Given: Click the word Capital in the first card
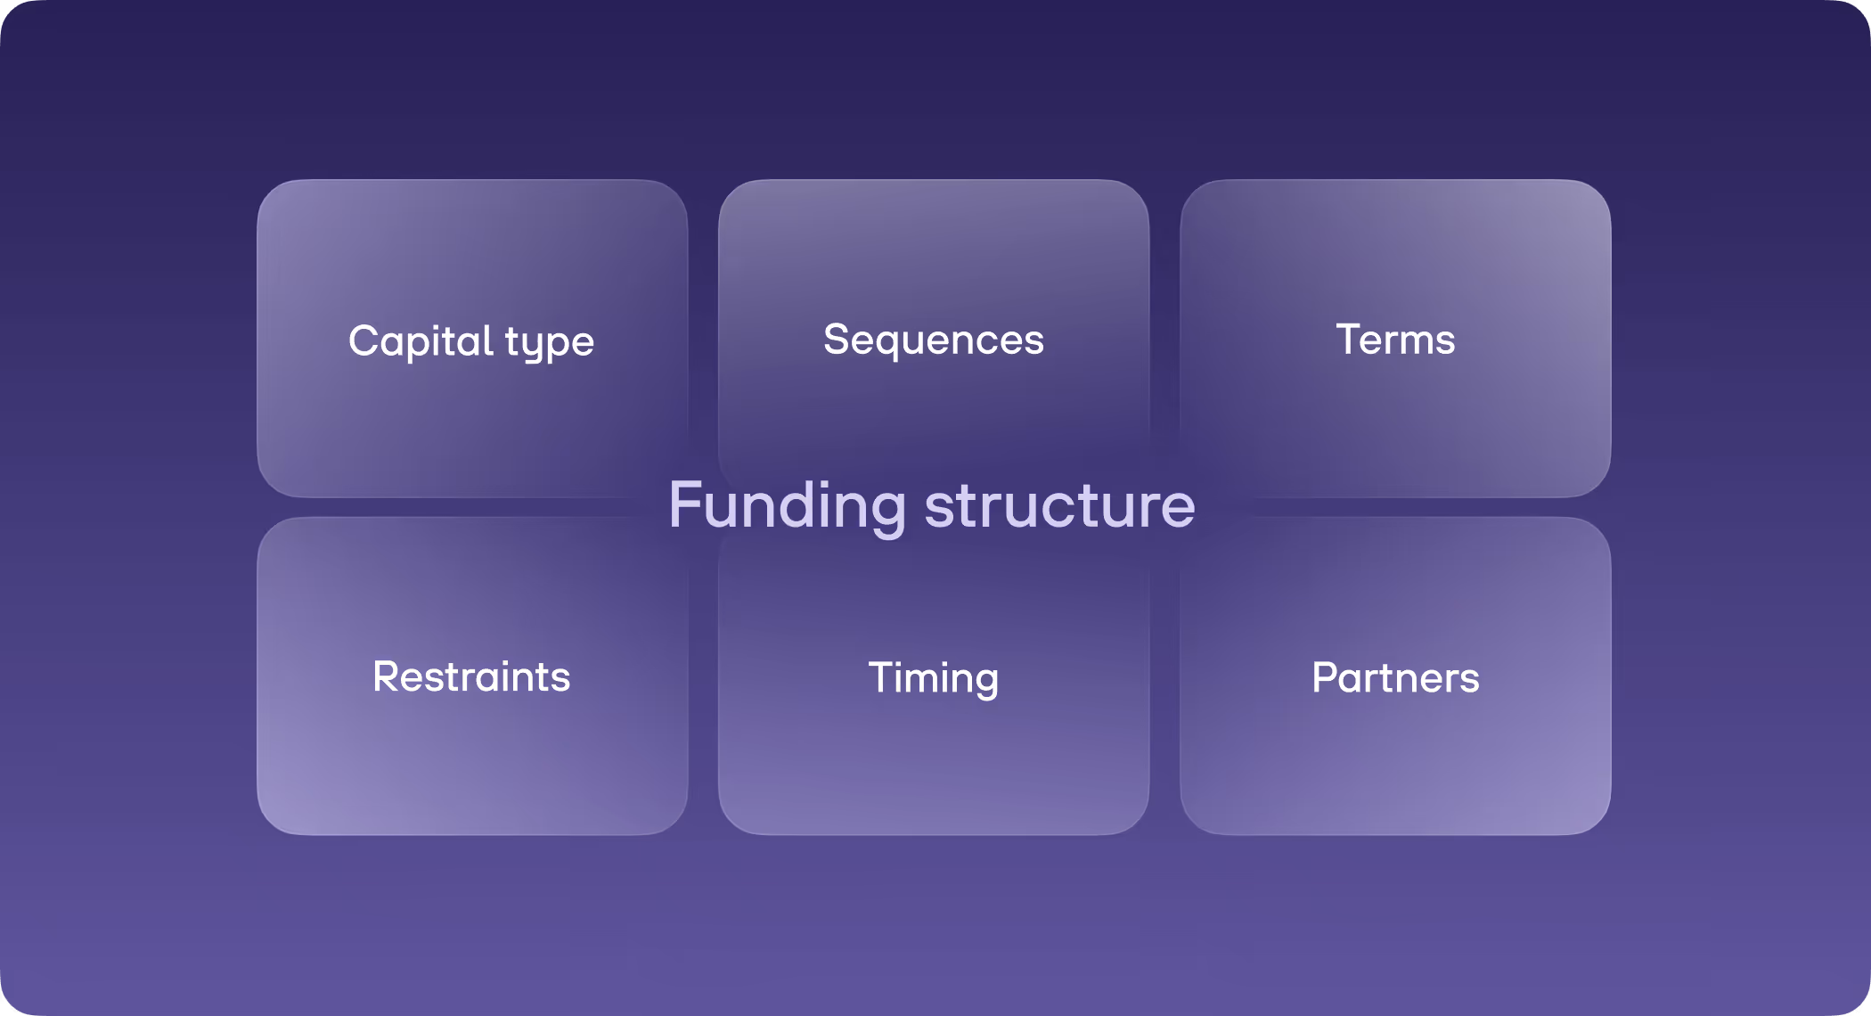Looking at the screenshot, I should (421, 340).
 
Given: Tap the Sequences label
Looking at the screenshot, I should (933, 340).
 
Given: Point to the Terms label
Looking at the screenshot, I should (1395, 340).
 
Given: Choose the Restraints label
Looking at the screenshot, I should (471, 676).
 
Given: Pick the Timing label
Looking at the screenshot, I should (933, 677).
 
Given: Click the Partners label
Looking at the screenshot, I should (1395, 677).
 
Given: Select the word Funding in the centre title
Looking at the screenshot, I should (788, 505).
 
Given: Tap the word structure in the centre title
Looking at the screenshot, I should (1059, 505).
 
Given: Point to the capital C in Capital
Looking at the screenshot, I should (364, 340).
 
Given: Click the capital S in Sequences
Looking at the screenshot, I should (836, 340).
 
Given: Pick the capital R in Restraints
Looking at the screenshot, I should (385, 676).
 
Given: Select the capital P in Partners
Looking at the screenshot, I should (1325, 677).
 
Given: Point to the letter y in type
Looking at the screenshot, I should (535, 346).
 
